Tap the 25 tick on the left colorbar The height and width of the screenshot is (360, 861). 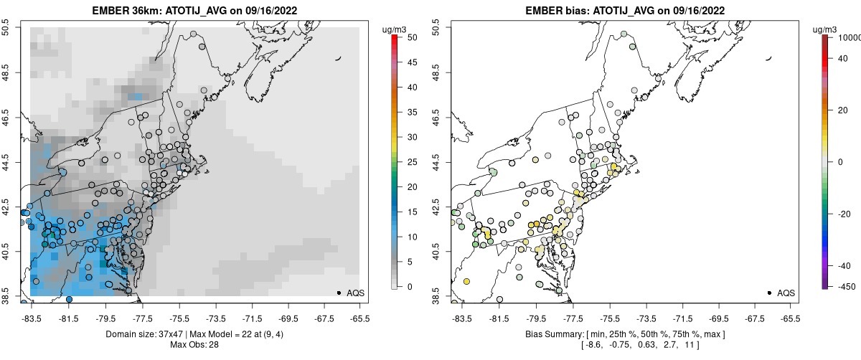click(x=406, y=162)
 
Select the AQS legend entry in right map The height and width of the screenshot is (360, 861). click(x=783, y=293)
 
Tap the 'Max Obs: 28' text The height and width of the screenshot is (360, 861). click(x=193, y=345)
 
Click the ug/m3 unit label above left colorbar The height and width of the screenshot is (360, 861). click(x=396, y=29)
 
